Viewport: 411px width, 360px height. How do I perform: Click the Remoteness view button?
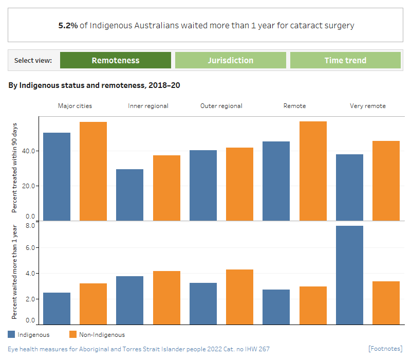(116, 60)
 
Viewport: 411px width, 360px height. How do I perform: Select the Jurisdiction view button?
(230, 60)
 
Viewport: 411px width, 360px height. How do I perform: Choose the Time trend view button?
(345, 60)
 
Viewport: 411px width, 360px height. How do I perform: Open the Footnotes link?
(385, 349)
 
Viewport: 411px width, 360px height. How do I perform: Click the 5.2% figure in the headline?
(68, 25)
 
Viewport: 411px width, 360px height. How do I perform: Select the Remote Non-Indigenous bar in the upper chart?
(313, 171)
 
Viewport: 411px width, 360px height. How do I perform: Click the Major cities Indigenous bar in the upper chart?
(57, 176)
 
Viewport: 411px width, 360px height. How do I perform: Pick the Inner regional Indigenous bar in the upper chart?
(129, 195)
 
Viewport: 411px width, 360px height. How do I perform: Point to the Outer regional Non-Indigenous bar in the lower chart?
(240, 297)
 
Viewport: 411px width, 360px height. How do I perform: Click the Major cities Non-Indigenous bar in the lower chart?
(93, 303)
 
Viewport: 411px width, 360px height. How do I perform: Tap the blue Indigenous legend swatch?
(12, 335)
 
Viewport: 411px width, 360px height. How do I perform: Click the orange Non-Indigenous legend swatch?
(72, 335)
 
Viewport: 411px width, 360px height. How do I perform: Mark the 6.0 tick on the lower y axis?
(30, 248)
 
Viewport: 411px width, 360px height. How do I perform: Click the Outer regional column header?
(221, 106)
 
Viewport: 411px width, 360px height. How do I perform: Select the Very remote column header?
(367, 106)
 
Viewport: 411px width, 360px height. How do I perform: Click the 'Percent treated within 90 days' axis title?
(14, 168)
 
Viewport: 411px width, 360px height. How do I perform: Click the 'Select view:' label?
(33, 61)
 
